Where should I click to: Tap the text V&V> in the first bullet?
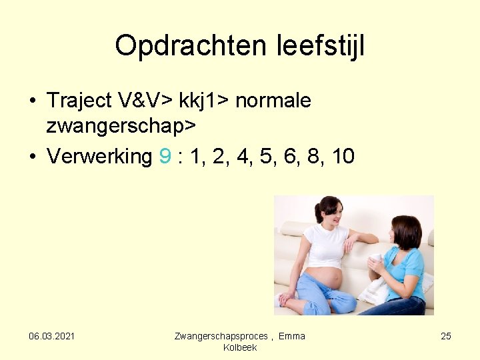click(146, 101)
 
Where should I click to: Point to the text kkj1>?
click(204, 101)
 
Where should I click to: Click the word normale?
click(273, 101)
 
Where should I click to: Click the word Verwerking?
click(99, 157)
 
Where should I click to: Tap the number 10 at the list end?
click(343, 157)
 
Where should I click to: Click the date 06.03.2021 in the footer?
click(51, 336)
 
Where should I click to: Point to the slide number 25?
click(446, 336)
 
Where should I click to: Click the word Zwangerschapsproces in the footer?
click(221, 336)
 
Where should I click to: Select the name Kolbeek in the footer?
click(240, 347)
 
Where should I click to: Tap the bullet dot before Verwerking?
click(32, 157)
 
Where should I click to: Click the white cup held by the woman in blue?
click(377, 260)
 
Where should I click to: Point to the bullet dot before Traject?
click(32, 101)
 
